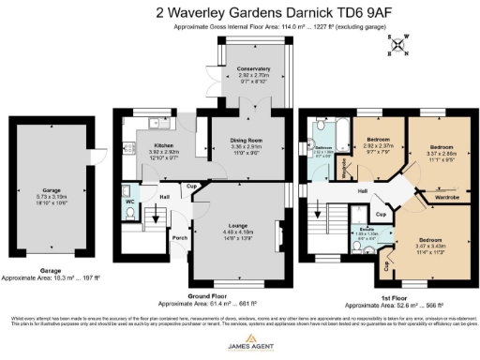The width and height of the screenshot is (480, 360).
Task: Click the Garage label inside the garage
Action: [44, 187]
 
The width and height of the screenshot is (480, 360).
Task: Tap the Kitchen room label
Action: [150, 146]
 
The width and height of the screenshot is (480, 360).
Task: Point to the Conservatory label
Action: [253, 69]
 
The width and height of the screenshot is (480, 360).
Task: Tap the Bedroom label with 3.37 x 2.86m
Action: [442, 148]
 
